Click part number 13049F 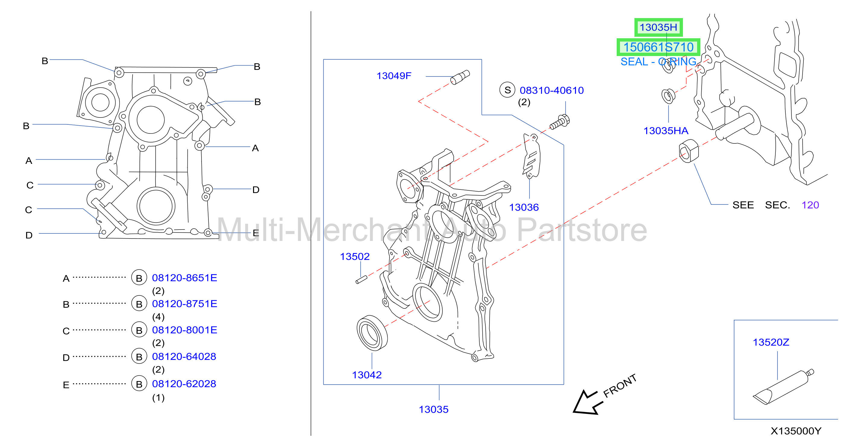(x=393, y=76)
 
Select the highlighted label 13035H (x=658, y=27)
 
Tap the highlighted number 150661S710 (x=658, y=47)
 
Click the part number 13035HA (x=665, y=130)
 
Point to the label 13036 (x=524, y=207)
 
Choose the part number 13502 (x=355, y=257)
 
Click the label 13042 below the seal (x=367, y=375)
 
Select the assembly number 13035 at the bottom (x=433, y=409)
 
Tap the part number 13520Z (x=771, y=342)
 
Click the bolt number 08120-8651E (x=184, y=278)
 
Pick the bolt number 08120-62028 (x=184, y=384)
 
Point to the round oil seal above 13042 (x=372, y=333)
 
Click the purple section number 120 (x=810, y=205)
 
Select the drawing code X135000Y (x=796, y=431)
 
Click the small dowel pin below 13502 (x=361, y=279)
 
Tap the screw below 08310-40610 (x=559, y=122)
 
